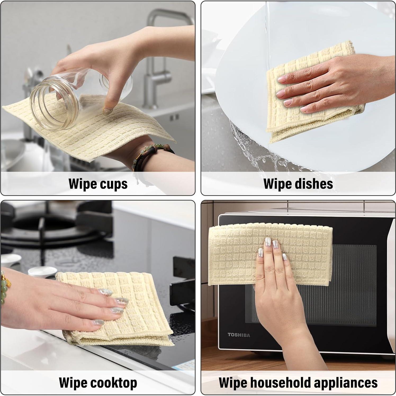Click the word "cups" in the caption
click(x=114, y=184)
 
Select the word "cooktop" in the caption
click(x=114, y=383)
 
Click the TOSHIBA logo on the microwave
click(x=239, y=335)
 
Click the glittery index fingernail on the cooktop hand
click(x=105, y=292)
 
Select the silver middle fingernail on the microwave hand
click(x=268, y=242)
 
